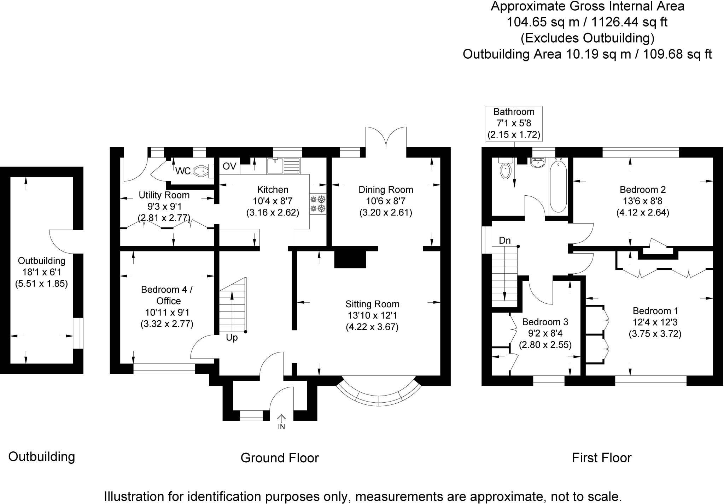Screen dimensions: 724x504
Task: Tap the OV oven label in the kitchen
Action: tap(229, 166)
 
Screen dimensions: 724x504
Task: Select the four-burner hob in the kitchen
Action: tap(318, 204)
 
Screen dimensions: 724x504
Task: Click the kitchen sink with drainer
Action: tap(284, 166)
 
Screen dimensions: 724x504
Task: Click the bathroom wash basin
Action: tap(538, 163)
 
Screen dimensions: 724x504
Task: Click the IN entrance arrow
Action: tap(281, 422)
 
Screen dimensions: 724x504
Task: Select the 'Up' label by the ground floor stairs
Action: tap(232, 338)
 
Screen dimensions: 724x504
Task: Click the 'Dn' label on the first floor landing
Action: tap(505, 241)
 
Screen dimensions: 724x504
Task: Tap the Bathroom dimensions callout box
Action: tap(514, 124)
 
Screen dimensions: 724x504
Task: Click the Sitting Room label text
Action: tap(372, 304)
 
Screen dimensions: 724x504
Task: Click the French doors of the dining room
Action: tap(386, 137)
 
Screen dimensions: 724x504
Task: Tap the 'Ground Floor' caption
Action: tap(280, 458)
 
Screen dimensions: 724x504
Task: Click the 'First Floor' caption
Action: tap(602, 458)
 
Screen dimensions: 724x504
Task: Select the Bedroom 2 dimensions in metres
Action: tap(643, 213)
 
